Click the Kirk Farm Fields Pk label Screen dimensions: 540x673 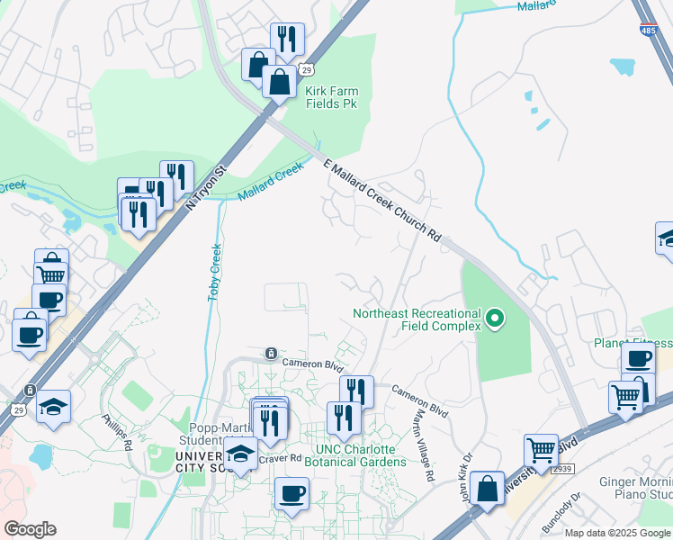click(331, 97)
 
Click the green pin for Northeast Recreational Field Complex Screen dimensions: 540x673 click(494, 318)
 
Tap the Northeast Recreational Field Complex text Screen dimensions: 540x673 click(417, 319)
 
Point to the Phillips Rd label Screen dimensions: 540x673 click(117, 432)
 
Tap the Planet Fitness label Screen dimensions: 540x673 click(633, 343)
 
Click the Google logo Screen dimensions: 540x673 click(30, 529)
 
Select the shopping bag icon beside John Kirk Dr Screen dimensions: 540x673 click(487, 489)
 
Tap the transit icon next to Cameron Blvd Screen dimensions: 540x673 click(269, 353)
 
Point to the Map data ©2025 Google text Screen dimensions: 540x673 click(617, 533)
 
